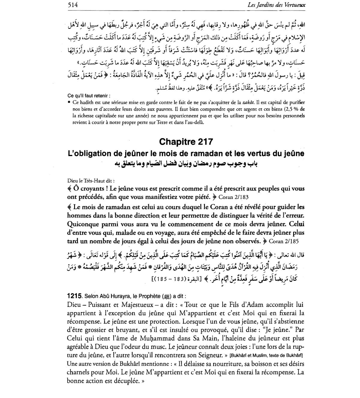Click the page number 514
[73, 5]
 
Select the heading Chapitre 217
[186, 142]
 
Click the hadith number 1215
[74, 296]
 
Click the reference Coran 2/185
[283, 241]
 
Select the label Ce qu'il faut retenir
[89, 96]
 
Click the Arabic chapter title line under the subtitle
[186, 164]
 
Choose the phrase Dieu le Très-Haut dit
[91, 181]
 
